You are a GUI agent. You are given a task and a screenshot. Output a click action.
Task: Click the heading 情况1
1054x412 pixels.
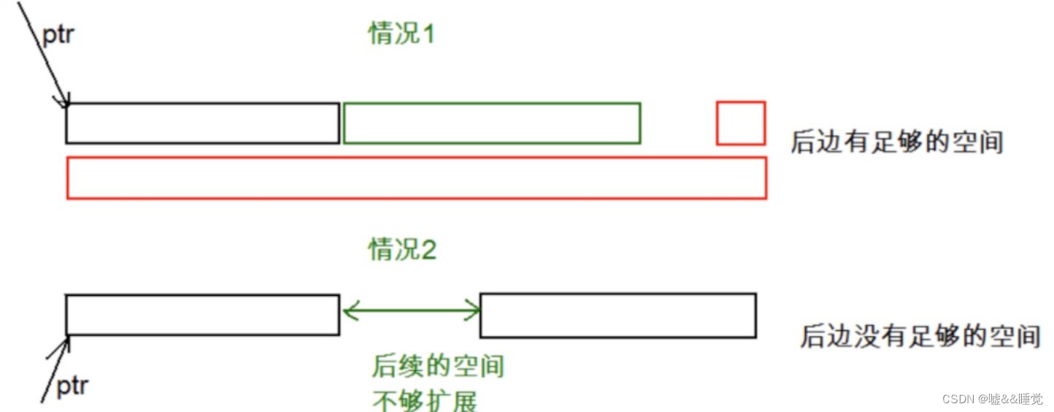click(401, 33)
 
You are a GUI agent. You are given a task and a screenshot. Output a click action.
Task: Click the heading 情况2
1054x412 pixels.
click(402, 251)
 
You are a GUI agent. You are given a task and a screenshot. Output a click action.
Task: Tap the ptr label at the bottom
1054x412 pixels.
click(72, 385)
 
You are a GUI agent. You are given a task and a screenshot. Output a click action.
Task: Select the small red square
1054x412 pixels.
click(741, 123)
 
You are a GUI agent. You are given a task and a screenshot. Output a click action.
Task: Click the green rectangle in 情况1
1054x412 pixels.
click(491, 123)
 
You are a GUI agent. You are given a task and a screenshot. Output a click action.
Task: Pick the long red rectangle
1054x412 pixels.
click(416, 178)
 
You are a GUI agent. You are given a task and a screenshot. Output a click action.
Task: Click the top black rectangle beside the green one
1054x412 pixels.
click(202, 123)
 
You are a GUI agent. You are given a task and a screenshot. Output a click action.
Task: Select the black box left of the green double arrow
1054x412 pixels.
click(202, 315)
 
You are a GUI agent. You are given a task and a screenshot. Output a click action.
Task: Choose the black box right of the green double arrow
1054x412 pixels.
click(618, 316)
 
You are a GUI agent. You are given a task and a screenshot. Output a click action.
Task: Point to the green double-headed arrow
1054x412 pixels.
click(410, 312)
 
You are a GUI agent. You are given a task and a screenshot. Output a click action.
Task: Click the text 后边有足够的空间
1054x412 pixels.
click(896, 142)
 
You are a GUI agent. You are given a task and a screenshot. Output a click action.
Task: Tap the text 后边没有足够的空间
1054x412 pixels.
click(920, 336)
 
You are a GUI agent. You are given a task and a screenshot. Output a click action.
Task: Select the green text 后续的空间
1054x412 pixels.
click(438, 366)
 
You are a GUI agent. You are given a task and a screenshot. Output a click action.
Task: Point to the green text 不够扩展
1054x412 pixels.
click(426, 400)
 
